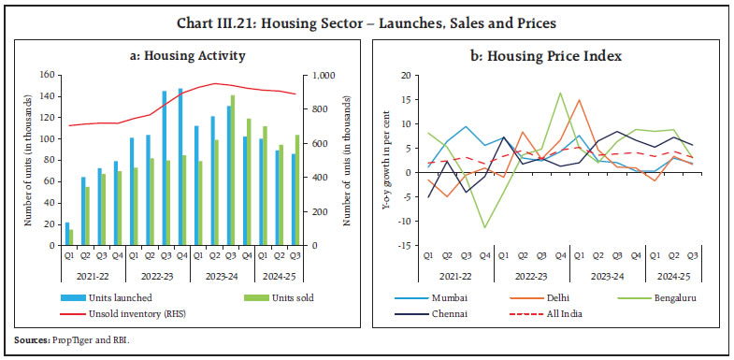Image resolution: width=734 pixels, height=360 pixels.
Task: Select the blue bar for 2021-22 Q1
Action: [x=67, y=235]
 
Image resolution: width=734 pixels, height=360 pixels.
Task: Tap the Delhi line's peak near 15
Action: [x=579, y=99]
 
